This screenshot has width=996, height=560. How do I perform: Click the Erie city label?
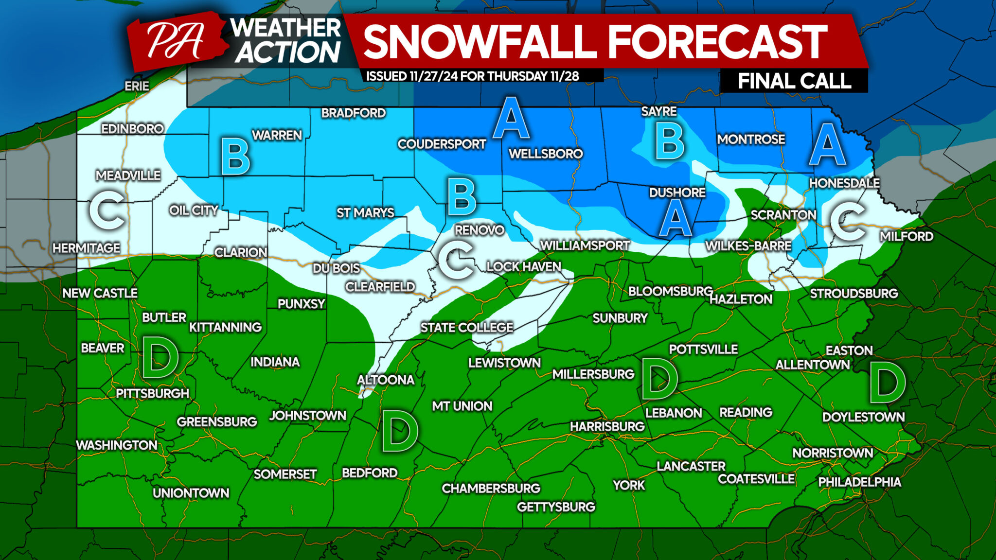click(x=137, y=86)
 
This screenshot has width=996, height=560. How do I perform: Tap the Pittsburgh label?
click(x=152, y=393)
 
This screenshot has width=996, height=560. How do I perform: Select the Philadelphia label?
click(x=859, y=482)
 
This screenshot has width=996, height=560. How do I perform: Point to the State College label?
click(x=467, y=328)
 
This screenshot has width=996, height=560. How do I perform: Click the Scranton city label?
click(x=783, y=215)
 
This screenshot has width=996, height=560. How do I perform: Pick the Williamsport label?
click(x=585, y=245)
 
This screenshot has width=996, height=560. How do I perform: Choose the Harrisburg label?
click(x=607, y=426)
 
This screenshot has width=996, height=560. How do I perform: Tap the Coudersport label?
click(x=442, y=144)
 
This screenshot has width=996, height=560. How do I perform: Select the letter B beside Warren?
click(x=235, y=157)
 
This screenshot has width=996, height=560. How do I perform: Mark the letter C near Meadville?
click(x=107, y=210)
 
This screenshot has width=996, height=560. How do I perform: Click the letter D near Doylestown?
click(x=887, y=383)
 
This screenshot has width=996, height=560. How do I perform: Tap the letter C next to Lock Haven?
click(x=456, y=261)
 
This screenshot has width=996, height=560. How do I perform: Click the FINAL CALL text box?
click(x=794, y=81)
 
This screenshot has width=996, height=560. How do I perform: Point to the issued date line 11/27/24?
click(x=472, y=76)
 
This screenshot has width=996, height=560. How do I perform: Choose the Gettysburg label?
click(x=556, y=507)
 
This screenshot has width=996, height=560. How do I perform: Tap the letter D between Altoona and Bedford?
click(x=399, y=431)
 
